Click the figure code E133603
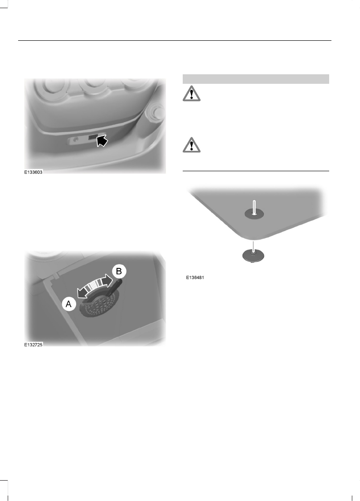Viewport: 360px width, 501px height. [34, 172]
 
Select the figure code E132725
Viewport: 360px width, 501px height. [34, 345]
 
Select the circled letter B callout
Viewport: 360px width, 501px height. [119, 272]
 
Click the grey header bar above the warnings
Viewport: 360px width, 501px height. [255, 79]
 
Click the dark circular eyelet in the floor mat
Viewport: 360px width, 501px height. [254, 213]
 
